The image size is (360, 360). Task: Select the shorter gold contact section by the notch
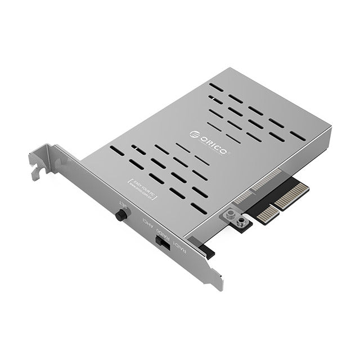268,213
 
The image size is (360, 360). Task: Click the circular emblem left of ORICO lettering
194,134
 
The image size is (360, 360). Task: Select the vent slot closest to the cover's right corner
298,136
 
